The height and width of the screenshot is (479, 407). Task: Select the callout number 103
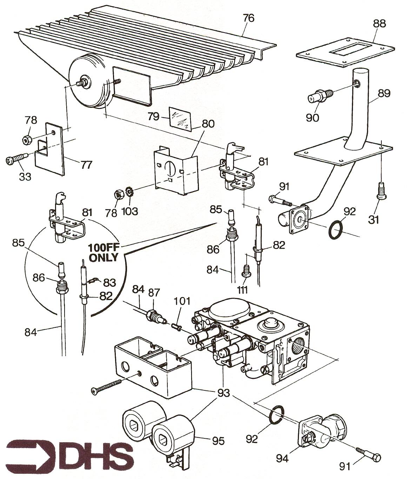click(x=130, y=211)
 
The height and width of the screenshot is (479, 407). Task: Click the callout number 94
click(x=282, y=458)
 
